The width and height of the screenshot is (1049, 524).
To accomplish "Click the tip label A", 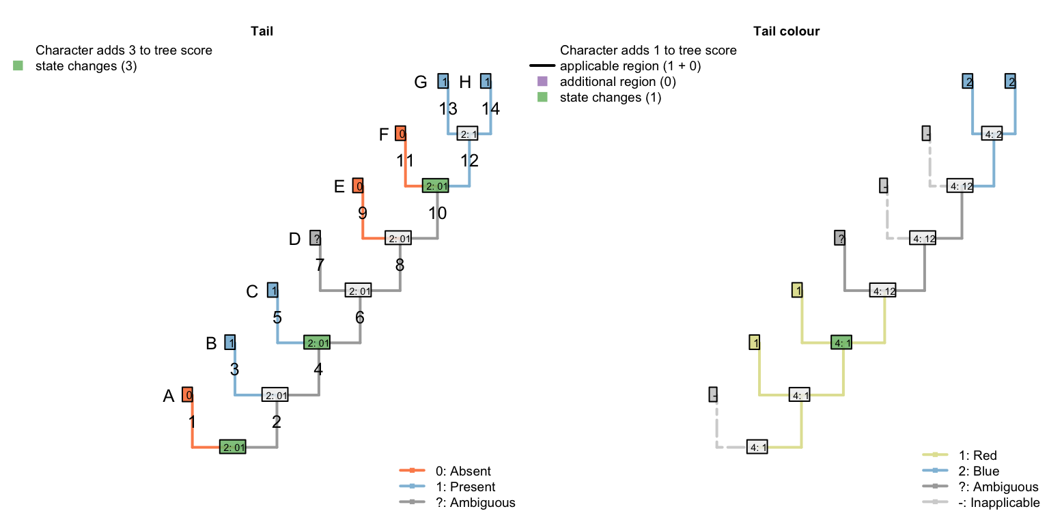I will point(169,396).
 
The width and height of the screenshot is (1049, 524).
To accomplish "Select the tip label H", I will point(465,83).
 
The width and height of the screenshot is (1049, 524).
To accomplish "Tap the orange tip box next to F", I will point(402,134).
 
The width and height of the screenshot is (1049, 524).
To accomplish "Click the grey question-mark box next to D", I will point(315,238).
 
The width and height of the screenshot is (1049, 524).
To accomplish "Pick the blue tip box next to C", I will point(272,291).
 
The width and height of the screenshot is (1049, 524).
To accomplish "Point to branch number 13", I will point(448,108).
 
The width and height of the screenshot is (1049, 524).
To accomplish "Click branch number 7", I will point(320,265).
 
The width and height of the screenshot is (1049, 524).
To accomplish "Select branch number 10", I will point(437,213).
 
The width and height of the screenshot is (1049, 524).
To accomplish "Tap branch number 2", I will point(276,422).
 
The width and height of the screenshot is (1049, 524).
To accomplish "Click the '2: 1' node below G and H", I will point(468,134).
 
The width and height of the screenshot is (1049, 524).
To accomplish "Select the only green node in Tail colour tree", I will point(842,343).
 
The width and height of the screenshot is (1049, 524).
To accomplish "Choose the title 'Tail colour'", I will point(786,31).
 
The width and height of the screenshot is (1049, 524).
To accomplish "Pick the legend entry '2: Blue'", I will point(979,471).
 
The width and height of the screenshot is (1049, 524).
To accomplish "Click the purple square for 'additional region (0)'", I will point(543,82).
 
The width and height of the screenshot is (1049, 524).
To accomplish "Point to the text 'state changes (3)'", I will point(86,66).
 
